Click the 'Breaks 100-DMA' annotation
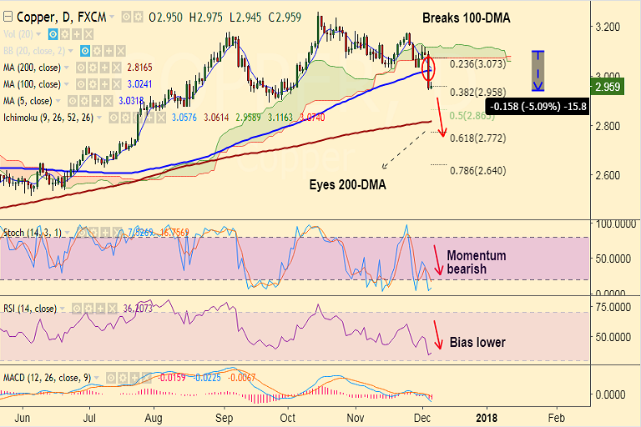(x=466, y=18)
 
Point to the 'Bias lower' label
(x=477, y=342)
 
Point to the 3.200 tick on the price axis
(x=608, y=27)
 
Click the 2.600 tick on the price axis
(x=608, y=175)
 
